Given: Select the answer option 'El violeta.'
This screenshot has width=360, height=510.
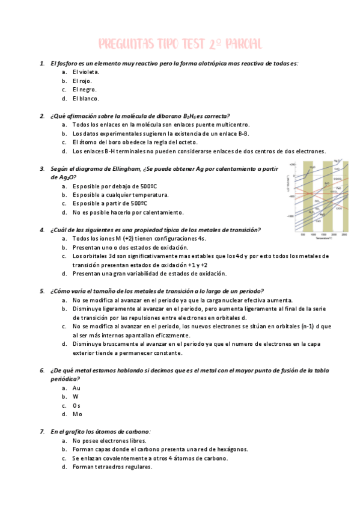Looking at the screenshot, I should pos(85,72).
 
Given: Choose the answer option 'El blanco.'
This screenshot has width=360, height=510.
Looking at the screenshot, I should pos(85,98).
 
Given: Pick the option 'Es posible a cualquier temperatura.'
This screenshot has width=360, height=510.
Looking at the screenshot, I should pos(120,195).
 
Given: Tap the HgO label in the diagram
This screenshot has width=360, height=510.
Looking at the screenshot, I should pos(313,167).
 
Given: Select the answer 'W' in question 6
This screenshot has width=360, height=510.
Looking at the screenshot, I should pos(76,396).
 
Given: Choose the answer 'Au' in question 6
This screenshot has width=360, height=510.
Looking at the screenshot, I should pos(76,388).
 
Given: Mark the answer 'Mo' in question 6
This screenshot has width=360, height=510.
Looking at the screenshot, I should pos(77,414).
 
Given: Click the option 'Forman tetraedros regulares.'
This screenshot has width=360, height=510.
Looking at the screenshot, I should pos(112,466).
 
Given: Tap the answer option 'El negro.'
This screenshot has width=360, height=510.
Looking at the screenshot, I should pos(84,89).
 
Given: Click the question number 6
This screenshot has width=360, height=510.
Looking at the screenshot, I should pos(41,370).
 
